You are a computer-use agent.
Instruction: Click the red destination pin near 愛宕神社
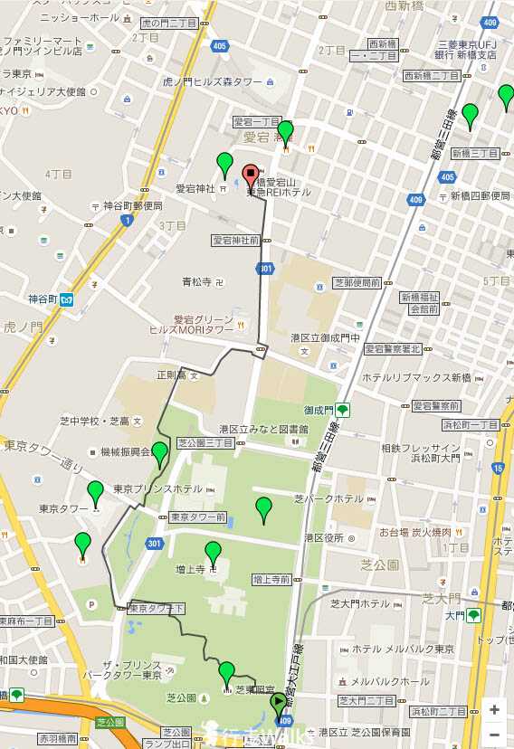pyautogui.click(x=251, y=175)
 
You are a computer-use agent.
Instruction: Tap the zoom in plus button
pyautogui.click(x=494, y=709)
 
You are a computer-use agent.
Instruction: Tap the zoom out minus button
pyautogui.click(x=494, y=734)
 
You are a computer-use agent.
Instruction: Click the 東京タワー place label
pyautogui.click(x=62, y=507)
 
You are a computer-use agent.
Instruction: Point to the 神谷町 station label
pyautogui.click(x=43, y=299)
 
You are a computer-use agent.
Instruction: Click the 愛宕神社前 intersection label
pyautogui.click(x=236, y=241)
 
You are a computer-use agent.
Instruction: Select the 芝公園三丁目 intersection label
pyautogui.click(x=205, y=443)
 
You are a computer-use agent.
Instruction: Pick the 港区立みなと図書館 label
pyautogui.click(x=263, y=429)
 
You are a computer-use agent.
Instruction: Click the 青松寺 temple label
pyautogui.click(x=196, y=281)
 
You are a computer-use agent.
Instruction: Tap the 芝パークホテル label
pyautogui.click(x=328, y=498)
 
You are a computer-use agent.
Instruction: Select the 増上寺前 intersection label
pyautogui.click(x=271, y=579)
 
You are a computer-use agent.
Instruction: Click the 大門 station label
pyautogui.click(x=454, y=616)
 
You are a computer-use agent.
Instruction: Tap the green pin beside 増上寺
pyautogui.click(x=213, y=552)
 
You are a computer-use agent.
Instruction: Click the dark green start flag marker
pyautogui.click(x=279, y=700)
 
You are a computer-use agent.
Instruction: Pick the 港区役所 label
pyautogui.click(x=327, y=537)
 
